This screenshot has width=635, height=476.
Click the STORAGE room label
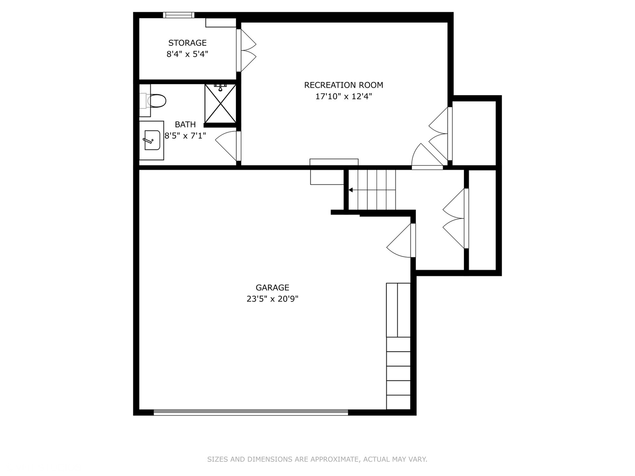pos(187,43)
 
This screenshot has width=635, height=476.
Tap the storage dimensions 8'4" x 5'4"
pos(187,54)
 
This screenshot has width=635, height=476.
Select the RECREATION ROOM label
pos(344,85)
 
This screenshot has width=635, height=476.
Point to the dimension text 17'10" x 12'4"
pos(344,96)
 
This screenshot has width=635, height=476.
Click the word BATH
pos(185,125)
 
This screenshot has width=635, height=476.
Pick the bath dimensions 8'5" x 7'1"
pos(185,136)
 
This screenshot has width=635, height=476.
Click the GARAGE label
pos(272,287)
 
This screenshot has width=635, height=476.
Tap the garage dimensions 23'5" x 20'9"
pos(272,299)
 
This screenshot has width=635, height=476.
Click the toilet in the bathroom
pos(153,100)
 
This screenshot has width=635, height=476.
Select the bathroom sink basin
pos(152,140)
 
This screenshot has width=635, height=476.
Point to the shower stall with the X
pos(220,104)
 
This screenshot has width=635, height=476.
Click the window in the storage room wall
pos(179,15)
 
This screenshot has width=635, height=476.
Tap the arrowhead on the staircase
pos(351,190)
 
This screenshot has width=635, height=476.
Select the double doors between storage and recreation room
pos(246,50)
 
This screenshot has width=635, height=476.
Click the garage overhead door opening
pos(250,413)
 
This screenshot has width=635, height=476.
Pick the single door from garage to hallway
pos(401,240)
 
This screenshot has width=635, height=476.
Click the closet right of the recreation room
pos(474,133)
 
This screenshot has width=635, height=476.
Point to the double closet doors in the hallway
pos(456,219)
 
